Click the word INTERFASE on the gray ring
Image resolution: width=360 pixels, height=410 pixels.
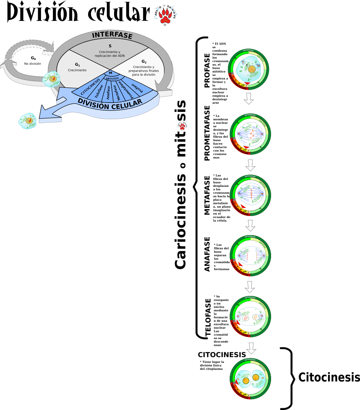point(112,35)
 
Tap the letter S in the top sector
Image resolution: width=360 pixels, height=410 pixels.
point(110,46)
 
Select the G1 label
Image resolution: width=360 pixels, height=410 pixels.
point(77,64)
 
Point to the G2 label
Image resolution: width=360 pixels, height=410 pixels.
point(144,62)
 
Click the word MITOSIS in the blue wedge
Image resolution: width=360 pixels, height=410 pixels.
point(112,78)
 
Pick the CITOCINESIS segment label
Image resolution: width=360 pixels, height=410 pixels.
point(90,86)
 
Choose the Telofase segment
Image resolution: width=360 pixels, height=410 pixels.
point(99,91)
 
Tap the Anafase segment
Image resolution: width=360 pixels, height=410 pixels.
point(108,93)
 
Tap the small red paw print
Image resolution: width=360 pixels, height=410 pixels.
point(183,126)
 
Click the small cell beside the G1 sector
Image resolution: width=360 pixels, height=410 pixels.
point(51,79)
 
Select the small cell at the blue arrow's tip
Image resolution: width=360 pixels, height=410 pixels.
point(27,121)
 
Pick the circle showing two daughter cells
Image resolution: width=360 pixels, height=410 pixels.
point(250,379)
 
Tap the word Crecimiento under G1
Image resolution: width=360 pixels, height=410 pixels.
point(77,70)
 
